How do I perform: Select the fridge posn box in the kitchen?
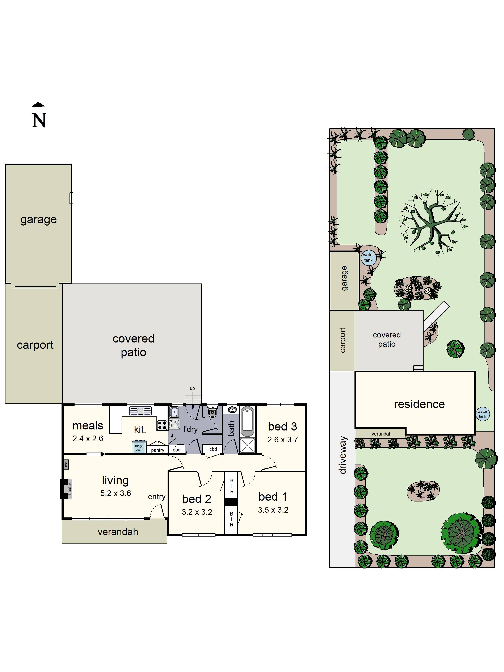[139, 447]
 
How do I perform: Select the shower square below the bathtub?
[247, 446]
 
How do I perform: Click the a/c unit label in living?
[66, 464]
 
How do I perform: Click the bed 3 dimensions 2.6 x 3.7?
[282, 440]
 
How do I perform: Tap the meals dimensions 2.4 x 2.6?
[88, 439]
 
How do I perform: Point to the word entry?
[157, 497]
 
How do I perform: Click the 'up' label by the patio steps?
[192, 388]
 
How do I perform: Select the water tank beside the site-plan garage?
[369, 258]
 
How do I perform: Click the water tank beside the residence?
[482, 414]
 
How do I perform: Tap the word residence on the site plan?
[419, 404]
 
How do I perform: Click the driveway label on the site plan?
[343, 455]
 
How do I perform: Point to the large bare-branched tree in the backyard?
[433, 222]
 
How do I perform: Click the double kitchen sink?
[140, 411]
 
